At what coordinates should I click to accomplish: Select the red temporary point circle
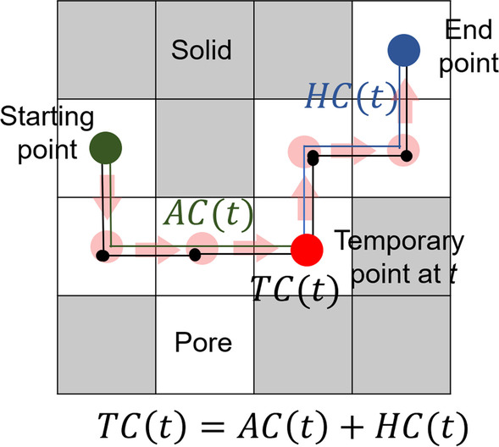tap(306, 250)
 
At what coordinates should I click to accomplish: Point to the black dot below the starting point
tap(103, 255)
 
